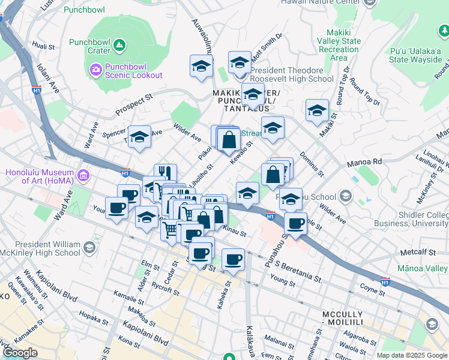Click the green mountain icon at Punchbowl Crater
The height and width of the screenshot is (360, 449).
(119, 44)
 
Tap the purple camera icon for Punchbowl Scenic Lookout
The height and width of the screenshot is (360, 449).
(95, 70)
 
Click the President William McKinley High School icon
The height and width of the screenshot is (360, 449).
(89, 247)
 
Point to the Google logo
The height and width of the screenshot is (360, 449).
(20, 352)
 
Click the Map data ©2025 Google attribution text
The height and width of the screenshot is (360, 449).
(412, 355)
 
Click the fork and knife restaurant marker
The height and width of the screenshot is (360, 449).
(165, 173)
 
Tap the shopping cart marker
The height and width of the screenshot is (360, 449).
(170, 229)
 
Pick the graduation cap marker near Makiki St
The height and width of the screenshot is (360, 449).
(317, 110)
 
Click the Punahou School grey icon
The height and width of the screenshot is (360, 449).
(345, 196)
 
